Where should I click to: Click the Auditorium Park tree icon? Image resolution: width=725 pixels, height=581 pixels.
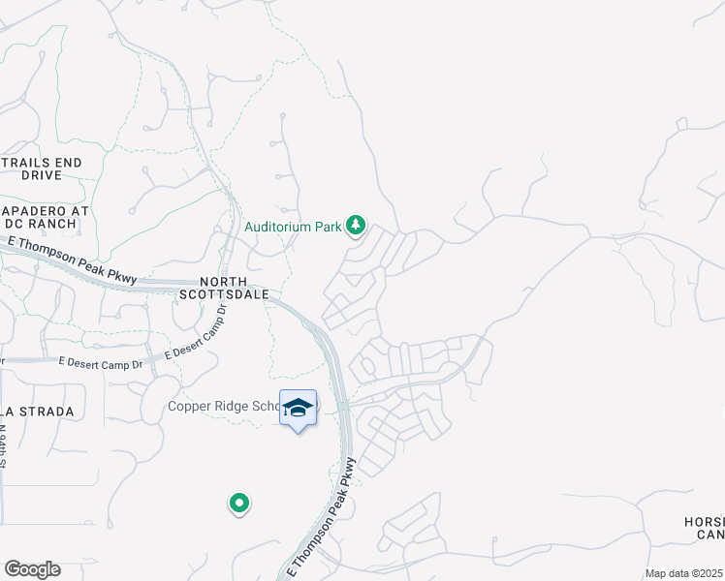(357, 226)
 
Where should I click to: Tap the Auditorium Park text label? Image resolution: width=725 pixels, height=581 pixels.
(293, 227)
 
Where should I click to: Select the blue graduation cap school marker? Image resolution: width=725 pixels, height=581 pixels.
(299, 408)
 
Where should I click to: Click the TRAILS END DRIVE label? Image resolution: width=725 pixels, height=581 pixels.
(41, 168)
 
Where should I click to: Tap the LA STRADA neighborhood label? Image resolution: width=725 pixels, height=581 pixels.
(37, 412)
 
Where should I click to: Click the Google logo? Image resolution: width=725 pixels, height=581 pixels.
(32, 569)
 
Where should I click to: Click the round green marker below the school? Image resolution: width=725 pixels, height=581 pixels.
(238, 504)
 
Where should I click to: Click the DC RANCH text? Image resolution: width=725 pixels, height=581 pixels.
(48, 225)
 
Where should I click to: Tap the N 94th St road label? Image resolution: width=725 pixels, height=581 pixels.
(4, 456)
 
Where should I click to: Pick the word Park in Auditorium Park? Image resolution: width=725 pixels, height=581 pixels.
(329, 227)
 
